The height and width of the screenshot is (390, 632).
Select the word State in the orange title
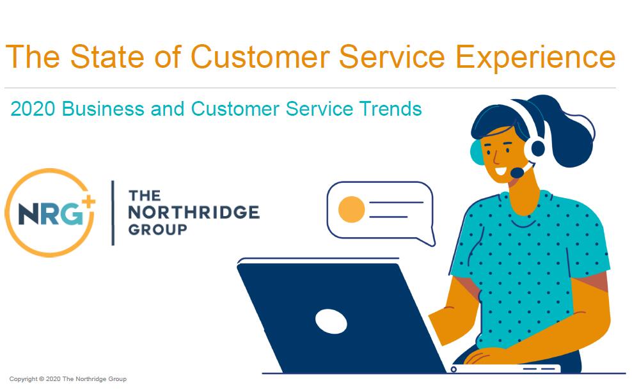(x=107, y=56)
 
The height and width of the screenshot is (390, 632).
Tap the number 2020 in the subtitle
(x=33, y=109)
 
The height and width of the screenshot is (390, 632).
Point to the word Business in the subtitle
(x=103, y=109)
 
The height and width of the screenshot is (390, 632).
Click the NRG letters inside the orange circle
(x=51, y=214)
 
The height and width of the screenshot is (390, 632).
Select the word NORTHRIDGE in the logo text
(x=194, y=212)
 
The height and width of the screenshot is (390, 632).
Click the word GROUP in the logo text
(x=157, y=230)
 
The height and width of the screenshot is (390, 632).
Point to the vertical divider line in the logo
(x=113, y=213)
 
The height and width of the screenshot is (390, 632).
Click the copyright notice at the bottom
(x=68, y=378)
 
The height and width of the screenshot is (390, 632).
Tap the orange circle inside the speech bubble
(x=351, y=210)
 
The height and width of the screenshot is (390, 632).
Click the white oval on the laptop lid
(x=331, y=322)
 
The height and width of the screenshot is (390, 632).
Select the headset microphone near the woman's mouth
(x=517, y=173)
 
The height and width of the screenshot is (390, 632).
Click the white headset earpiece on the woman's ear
(x=535, y=148)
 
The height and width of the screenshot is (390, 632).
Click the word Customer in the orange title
(x=260, y=56)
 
